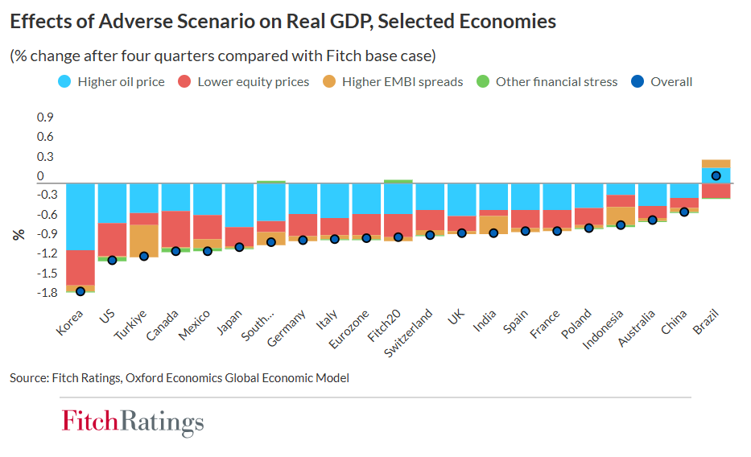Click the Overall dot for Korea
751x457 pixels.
[80, 291]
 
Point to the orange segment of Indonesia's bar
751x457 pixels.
[621, 216]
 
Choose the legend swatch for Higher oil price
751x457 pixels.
[64, 81]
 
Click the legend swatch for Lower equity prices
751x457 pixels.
[184, 81]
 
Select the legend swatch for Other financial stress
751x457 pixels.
[483, 81]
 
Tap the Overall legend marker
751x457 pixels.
[638, 81]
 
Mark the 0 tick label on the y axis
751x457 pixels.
[40, 175]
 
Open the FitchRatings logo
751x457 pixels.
[133, 422]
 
